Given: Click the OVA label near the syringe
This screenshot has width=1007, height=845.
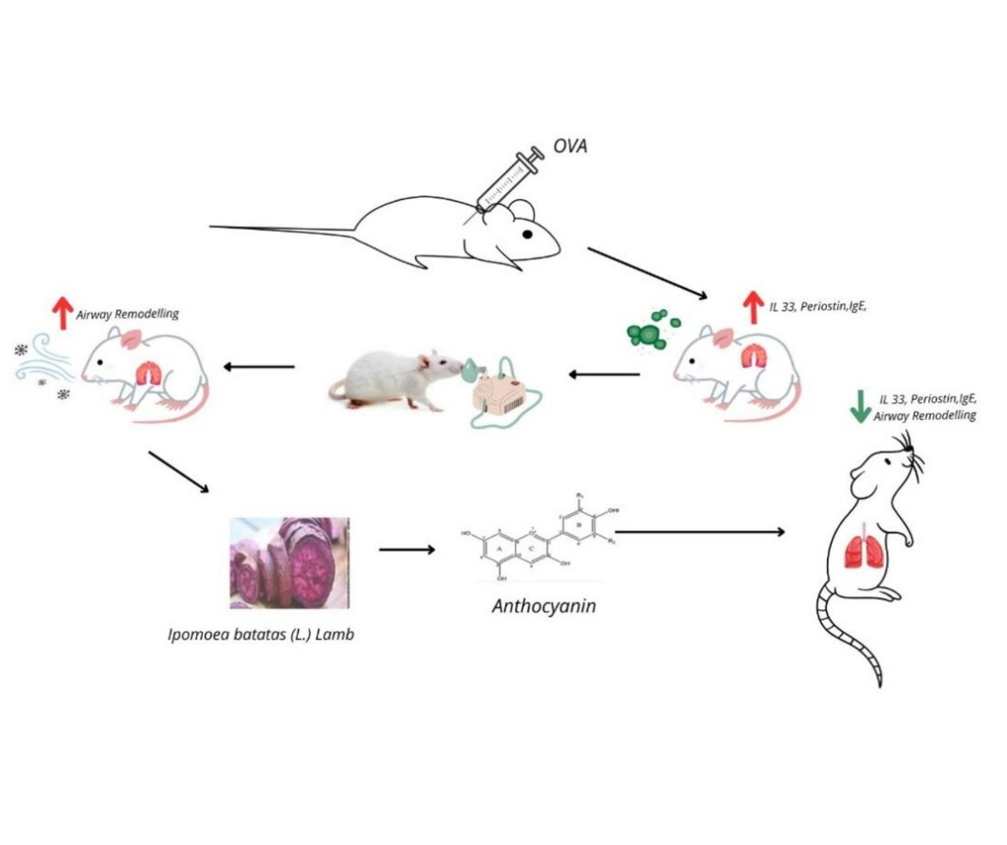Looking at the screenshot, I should click(x=570, y=146).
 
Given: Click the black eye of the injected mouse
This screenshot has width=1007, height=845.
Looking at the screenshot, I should click(x=528, y=234).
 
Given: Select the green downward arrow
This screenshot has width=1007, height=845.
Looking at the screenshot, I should click(x=861, y=405).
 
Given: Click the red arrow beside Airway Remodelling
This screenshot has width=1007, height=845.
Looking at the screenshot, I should click(x=62, y=313).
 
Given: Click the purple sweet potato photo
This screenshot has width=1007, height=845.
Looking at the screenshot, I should click(x=290, y=562).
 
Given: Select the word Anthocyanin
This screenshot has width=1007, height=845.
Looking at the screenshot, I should click(x=544, y=607).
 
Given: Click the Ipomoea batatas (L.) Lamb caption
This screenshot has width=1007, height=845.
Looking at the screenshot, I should click(x=261, y=634).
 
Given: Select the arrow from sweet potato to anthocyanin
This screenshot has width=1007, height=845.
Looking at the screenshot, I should click(x=407, y=549).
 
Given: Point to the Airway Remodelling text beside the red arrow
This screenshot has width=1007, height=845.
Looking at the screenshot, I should click(x=127, y=314).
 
